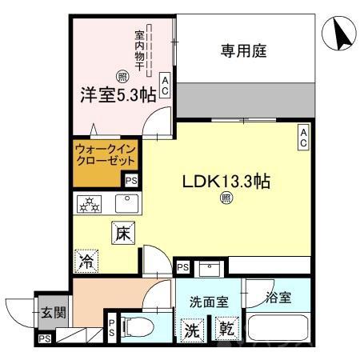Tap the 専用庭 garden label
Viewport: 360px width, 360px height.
pyautogui.click(x=243, y=51)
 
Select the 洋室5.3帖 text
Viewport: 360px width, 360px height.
pyautogui.click(x=117, y=95)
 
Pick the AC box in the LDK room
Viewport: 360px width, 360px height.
pyautogui.click(x=303, y=137)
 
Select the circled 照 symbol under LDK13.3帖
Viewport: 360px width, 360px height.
pyautogui.click(x=226, y=199)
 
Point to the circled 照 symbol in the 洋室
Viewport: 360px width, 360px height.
pyautogui.click(x=122, y=77)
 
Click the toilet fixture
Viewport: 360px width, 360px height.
pyautogui.click(x=138, y=326)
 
